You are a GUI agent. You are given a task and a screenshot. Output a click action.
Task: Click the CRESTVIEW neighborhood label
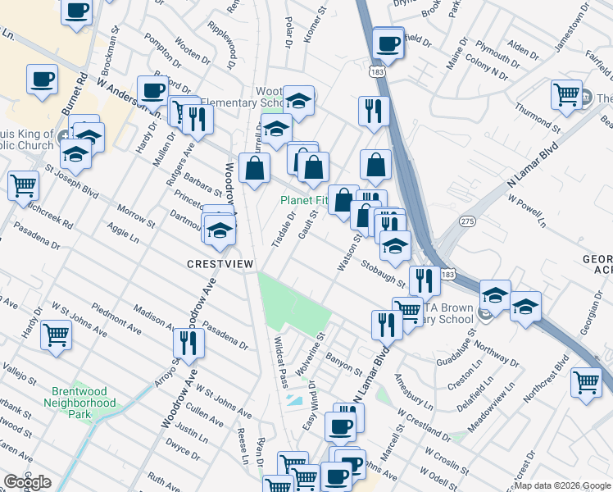(x=220, y=263)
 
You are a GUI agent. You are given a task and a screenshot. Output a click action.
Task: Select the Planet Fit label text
(x=303, y=200)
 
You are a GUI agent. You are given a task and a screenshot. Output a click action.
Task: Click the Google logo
(x=27, y=482)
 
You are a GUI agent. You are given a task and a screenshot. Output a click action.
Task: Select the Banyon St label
(x=343, y=361)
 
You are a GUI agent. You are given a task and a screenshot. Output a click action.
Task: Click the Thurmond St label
(x=538, y=120)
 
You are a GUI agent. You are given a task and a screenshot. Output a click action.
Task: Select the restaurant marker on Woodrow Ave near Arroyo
(x=191, y=343)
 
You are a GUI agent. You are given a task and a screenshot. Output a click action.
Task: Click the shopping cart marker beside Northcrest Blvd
(x=587, y=381)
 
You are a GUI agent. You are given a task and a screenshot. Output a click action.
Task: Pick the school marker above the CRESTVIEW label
(x=220, y=230)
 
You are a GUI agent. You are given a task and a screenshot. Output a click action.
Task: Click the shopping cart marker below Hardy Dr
(x=56, y=334)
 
